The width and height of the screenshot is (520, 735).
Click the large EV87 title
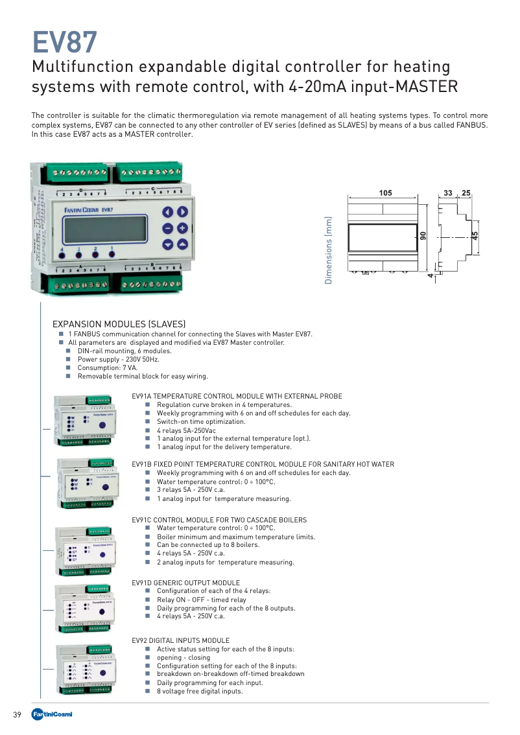click(x=65, y=43)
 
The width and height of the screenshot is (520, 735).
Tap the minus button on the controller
click(x=167, y=228)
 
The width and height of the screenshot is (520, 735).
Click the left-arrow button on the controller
click(x=167, y=212)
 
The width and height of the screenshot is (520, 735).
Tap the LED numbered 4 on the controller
click(x=62, y=255)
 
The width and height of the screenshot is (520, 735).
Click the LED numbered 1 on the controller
click(x=112, y=254)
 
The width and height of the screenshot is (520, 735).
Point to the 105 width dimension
click(x=386, y=192)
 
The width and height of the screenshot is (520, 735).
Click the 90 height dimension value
click(x=423, y=237)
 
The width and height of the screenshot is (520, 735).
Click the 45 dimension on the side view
click(x=475, y=236)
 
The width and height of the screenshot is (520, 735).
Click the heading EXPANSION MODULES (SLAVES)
click(x=119, y=324)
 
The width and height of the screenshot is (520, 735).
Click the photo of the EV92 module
click(x=86, y=670)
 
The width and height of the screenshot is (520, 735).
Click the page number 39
click(x=18, y=715)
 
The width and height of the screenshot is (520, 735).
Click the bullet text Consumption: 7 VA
click(x=108, y=367)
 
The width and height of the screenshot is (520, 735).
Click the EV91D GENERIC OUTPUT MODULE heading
click(x=185, y=583)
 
